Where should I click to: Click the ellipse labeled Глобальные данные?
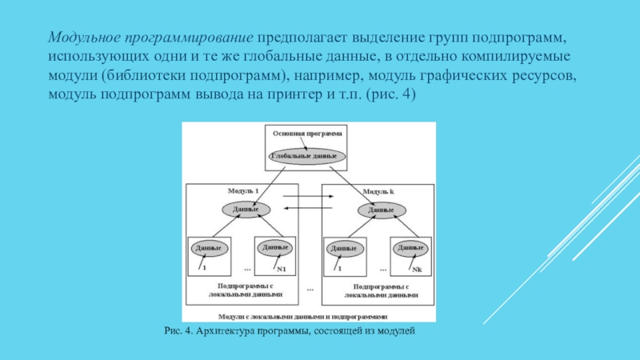pos(308,155)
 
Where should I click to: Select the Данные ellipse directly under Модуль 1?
pos(240,210)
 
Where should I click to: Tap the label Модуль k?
pos(378,192)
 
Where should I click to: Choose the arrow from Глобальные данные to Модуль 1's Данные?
pos(272,183)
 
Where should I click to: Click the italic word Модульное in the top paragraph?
pos(83,38)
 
